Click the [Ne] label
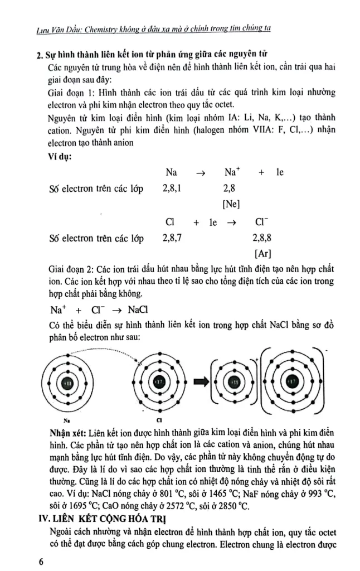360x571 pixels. click(x=231, y=204)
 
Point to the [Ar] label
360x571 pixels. click(x=262, y=254)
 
